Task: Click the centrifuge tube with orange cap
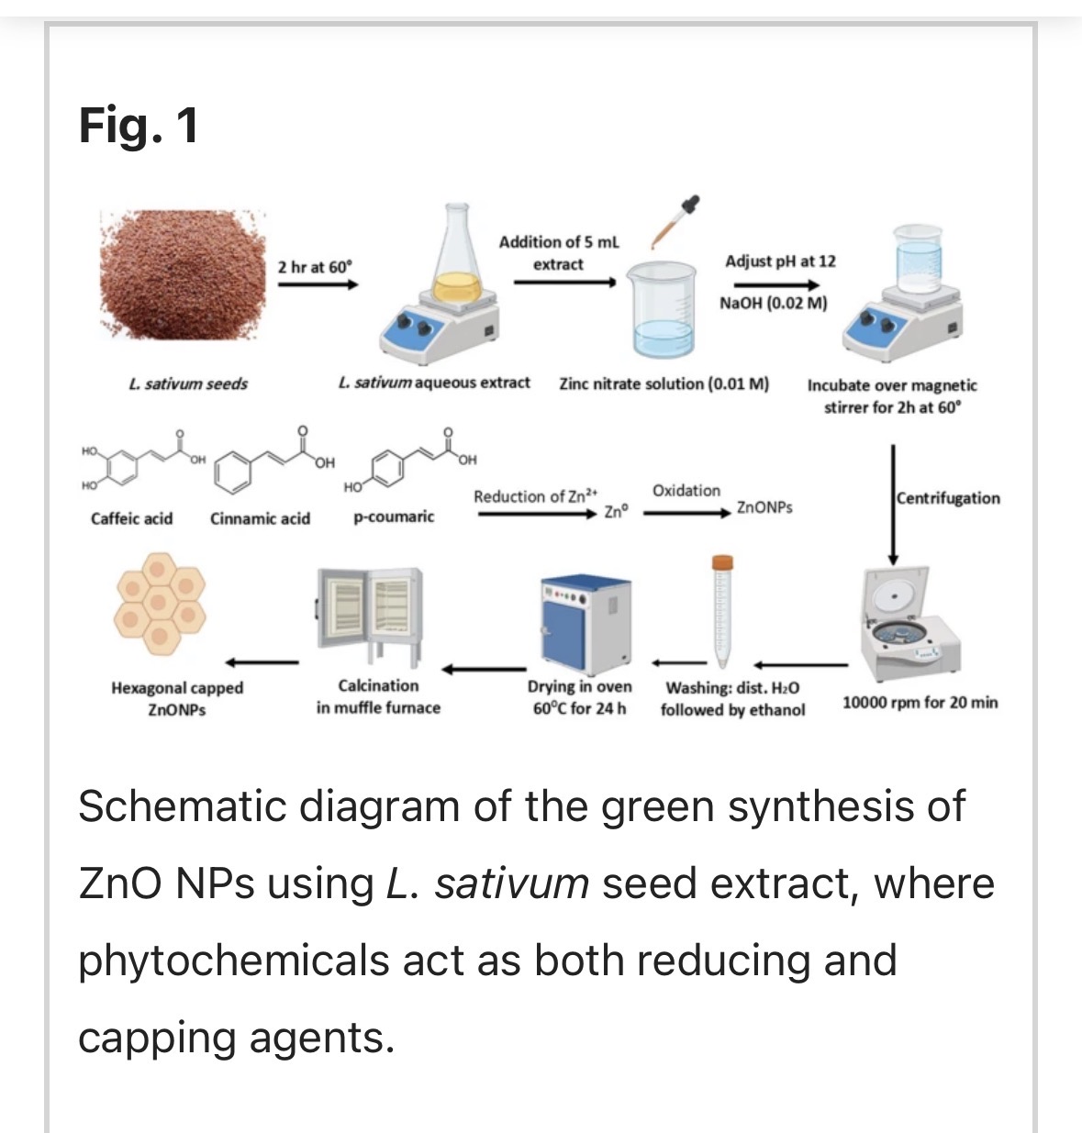point(722,610)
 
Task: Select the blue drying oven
point(586,621)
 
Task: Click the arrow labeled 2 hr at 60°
point(317,284)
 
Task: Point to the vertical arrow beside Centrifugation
point(893,505)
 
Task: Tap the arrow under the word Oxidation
point(686,514)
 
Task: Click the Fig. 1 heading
point(139,125)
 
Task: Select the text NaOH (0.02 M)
point(773,303)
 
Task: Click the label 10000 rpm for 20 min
point(920,703)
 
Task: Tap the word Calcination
point(378,685)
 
